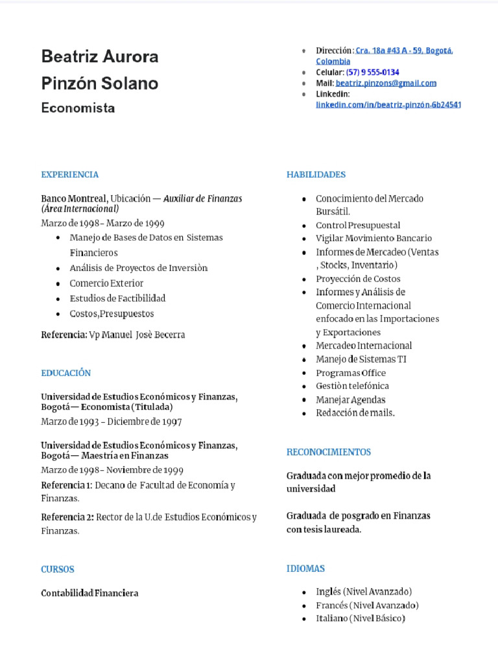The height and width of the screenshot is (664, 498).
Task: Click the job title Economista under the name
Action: (78, 108)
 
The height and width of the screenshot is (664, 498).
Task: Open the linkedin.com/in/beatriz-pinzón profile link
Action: (388, 104)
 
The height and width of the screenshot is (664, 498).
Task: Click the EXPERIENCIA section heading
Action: (70, 174)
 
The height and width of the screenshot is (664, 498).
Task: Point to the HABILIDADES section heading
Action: (316, 174)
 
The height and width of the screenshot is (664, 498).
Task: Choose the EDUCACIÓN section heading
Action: (66, 373)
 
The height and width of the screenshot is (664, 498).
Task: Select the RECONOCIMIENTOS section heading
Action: (329, 452)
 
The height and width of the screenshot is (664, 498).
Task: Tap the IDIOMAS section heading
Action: (306, 569)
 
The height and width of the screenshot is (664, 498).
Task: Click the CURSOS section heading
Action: (58, 569)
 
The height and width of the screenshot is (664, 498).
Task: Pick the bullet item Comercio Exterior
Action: (106, 283)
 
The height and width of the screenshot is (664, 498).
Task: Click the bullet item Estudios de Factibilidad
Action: (117, 298)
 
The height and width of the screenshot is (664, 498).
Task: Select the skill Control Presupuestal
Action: (358, 225)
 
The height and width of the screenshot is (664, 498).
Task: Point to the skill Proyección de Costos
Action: (358, 279)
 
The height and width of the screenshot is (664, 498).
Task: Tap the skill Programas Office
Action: (351, 373)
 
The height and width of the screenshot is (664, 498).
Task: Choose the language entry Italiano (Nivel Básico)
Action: (360, 619)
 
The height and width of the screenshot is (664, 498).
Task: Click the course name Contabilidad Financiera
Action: (89, 593)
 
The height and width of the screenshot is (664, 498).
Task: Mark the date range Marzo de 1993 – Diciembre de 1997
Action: (111, 421)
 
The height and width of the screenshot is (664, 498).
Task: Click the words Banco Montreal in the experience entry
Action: (74, 198)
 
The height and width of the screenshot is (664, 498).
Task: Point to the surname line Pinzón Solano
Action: (99, 84)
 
